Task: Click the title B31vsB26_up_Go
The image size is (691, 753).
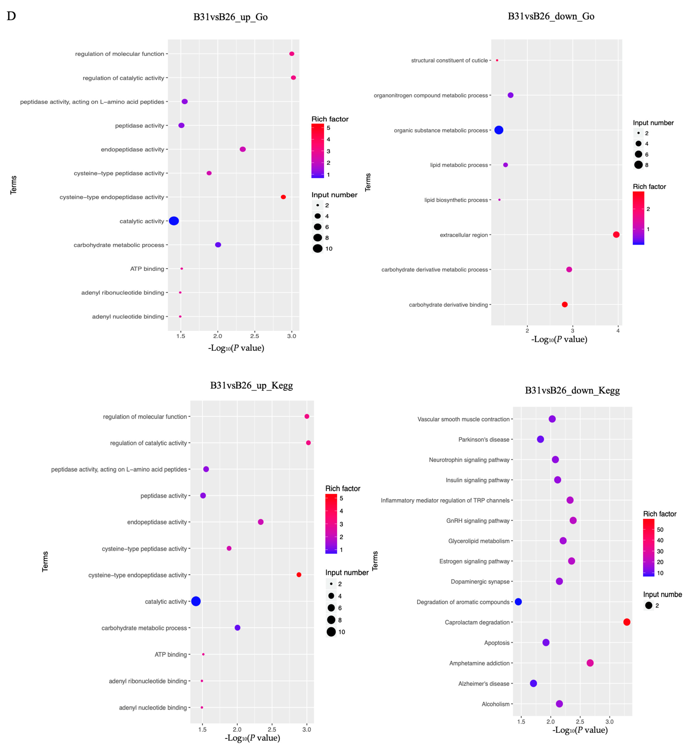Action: pyautogui.click(x=230, y=17)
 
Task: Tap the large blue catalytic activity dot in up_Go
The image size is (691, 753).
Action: pyautogui.click(x=174, y=221)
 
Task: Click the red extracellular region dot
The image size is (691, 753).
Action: pyautogui.click(x=616, y=235)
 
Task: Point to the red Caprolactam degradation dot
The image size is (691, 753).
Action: pyautogui.click(x=627, y=622)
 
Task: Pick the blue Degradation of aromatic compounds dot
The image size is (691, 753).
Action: pyautogui.click(x=518, y=602)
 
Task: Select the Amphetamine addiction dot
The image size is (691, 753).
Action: pyautogui.click(x=590, y=663)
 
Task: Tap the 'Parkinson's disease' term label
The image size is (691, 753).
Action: pyautogui.click(x=484, y=439)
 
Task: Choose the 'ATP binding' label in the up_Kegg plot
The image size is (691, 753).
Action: pyautogui.click(x=171, y=655)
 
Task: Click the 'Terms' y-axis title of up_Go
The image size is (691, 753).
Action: pyautogui.click(x=13, y=185)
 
